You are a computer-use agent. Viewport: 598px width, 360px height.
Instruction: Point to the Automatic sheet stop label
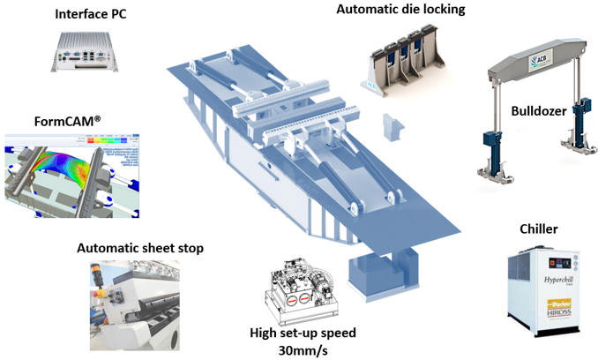(140, 248)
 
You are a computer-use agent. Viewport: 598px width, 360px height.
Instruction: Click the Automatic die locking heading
(400, 10)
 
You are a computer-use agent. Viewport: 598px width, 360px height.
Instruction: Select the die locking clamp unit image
(402, 61)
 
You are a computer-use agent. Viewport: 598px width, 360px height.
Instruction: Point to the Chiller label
(537, 229)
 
